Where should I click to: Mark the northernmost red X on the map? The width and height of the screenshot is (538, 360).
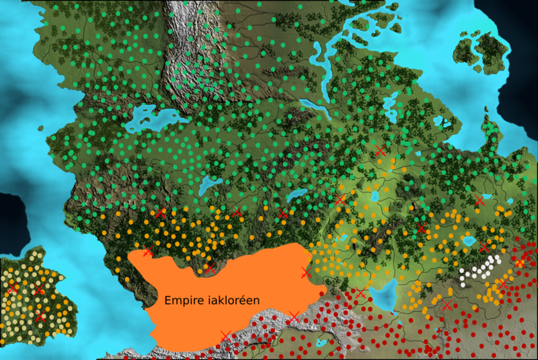point(381,151)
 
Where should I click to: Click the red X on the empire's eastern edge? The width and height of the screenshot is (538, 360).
point(307,273)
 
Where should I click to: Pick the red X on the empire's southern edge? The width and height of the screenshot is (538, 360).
point(225,334)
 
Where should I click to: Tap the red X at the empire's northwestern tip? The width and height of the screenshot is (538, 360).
point(148,252)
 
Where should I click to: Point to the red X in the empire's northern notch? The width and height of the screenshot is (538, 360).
point(210,268)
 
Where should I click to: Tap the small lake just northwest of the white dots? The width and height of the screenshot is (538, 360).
point(469,240)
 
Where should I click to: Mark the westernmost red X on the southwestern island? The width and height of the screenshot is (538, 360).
point(11,289)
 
